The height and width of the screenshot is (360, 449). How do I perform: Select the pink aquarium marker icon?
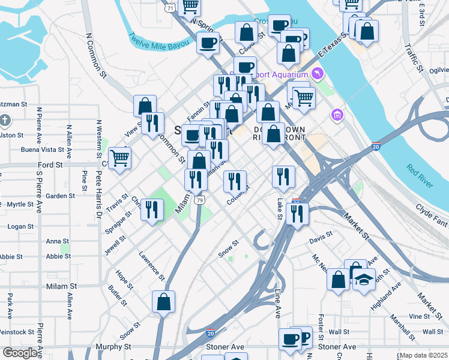pyautogui.click(x=318, y=74)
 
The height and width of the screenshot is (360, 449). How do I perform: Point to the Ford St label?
pyautogui.click(x=50, y=164)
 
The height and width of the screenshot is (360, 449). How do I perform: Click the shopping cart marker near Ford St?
pyautogui.click(x=119, y=158)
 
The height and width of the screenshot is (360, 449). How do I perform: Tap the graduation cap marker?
pyautogui.click(x=364, y=279)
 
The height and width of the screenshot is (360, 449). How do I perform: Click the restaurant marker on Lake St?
pyautogui.click(x=283, y=176)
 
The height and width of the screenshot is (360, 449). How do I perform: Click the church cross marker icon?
pyautogui.click(x=5, y=120)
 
